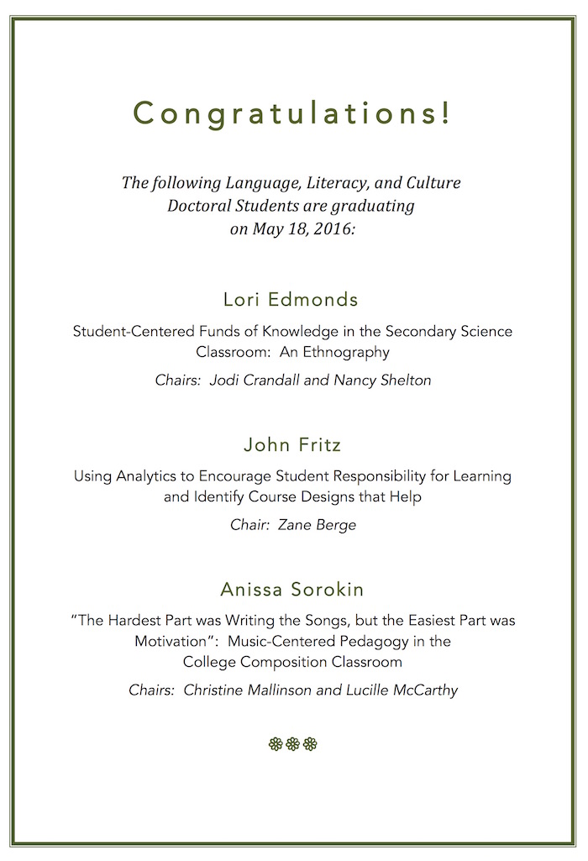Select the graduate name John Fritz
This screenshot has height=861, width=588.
(292, 444)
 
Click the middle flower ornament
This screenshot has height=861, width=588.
(292, 743)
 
